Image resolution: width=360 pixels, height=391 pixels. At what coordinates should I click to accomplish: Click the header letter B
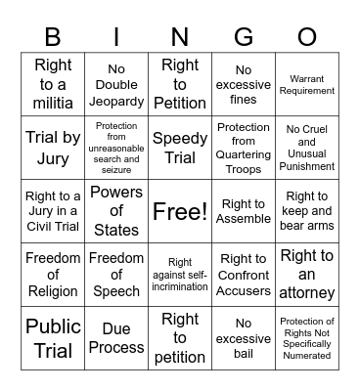[x=53, y=36]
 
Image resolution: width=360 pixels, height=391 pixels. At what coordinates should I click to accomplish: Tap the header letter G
[x=244, y=36]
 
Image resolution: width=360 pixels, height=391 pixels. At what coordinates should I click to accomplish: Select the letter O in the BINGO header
[x=307, y=36]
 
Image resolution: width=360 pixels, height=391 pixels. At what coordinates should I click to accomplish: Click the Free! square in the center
[x=180, y=210]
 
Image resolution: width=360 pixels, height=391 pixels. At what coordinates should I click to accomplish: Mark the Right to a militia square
[x=53, y=84]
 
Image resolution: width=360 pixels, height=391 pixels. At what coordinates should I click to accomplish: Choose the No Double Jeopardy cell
[x=116, y=84]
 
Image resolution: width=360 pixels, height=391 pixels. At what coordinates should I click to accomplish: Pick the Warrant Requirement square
[x=307, y=84]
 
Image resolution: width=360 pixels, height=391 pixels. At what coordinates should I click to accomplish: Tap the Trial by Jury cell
[x=53, y=147]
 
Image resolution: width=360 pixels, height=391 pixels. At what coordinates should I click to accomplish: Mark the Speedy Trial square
[x=180, y=147]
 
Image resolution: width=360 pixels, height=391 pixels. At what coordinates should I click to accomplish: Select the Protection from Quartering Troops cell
[x=244, y=147]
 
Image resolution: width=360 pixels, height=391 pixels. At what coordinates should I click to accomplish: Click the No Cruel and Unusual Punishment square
[x=307, y=147]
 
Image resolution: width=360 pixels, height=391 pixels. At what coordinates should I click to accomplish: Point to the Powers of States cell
[x=116, y=210]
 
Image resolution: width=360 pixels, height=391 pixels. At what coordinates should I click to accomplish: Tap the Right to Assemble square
[x=244, y=210]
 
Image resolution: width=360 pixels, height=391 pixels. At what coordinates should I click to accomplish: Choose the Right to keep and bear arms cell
[x=307, y=210]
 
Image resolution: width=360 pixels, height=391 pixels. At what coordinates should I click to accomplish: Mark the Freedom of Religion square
[x=53, y=274]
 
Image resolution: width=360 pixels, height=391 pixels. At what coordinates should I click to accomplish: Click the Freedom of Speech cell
[x=116, y=274]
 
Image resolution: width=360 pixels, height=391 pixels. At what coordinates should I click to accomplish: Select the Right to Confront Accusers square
[x=244, y=274]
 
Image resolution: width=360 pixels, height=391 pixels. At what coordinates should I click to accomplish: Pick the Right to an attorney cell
[x=307, y=274]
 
